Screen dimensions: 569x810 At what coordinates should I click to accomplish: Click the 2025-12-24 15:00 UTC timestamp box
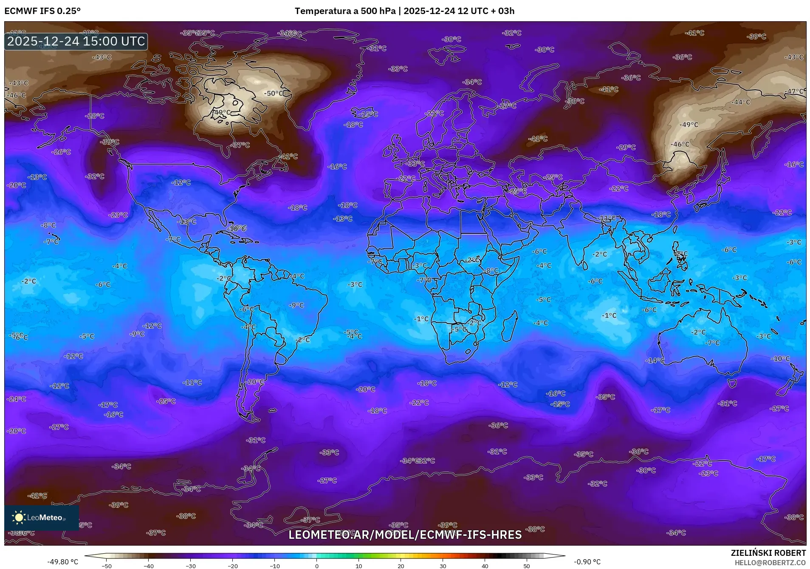click(76, 41)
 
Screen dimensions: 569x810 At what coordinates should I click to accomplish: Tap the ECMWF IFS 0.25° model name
click(42, 11)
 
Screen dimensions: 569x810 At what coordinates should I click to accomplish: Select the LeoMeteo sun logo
click(19, 517)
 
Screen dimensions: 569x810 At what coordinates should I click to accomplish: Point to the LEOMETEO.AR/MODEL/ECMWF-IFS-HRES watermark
click(405, 535)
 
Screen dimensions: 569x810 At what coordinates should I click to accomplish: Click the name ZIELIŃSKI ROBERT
click(768, 553)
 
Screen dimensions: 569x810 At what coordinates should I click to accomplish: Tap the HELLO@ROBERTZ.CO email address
click(770, 563)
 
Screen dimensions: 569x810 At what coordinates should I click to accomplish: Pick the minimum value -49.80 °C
click(62, 562)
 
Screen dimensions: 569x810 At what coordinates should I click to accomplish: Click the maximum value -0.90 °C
click(587, 562)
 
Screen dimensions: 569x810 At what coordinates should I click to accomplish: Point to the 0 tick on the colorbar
click(317, 566)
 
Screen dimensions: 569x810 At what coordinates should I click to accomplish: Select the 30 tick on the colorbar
click(443, 566)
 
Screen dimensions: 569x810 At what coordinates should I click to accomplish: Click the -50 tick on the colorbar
click(107, 566)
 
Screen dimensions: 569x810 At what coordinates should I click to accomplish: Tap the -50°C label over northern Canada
click(275, 93)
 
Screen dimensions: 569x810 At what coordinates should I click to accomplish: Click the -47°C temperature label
click(794, 91)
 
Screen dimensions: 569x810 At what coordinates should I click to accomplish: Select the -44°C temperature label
click(741, 102)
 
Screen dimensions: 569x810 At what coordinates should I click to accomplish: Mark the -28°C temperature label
click(94, 116)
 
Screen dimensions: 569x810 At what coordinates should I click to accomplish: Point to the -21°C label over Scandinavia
click(434, 113)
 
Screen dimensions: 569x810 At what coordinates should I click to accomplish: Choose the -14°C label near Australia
click(655, 360)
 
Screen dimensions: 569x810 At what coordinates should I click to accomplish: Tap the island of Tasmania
click(732, 384)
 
